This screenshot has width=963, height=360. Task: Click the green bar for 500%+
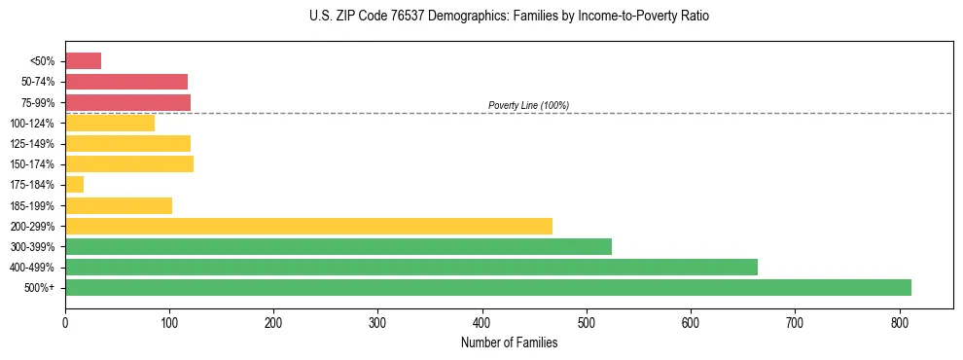[487, 287]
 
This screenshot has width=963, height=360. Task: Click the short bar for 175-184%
[74, 184]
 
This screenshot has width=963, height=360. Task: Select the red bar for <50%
[83, 60]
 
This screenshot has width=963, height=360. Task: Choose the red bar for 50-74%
[125, 82]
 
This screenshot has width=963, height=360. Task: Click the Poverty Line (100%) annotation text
[528, 105]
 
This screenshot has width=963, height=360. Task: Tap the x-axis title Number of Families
[509, 342]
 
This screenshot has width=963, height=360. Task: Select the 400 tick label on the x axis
[482, 321]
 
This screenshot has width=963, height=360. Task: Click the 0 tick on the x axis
[65, 321]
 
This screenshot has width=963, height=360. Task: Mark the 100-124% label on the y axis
[32, 123]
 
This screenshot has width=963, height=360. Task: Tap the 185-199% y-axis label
[32, 205]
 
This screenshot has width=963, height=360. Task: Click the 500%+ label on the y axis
[39, 288]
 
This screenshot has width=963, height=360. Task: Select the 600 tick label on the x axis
[691, 321]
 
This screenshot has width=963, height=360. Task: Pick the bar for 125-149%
[127, 143]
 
